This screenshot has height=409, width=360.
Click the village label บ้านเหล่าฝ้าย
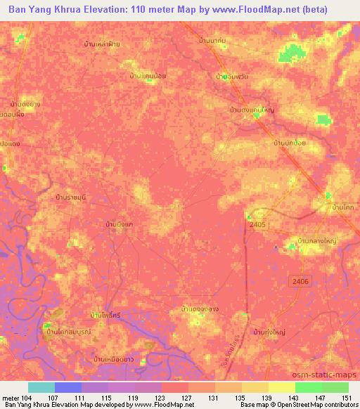[102, 44]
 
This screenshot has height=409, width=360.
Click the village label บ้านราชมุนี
[73, 199]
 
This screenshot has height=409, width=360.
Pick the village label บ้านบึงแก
[119, 224]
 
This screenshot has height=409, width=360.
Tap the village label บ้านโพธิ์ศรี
[107, 316]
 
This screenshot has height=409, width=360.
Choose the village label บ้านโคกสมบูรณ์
[69, 330]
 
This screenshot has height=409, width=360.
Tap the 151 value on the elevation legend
[345, 398]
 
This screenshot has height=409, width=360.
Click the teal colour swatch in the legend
[41, 387]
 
